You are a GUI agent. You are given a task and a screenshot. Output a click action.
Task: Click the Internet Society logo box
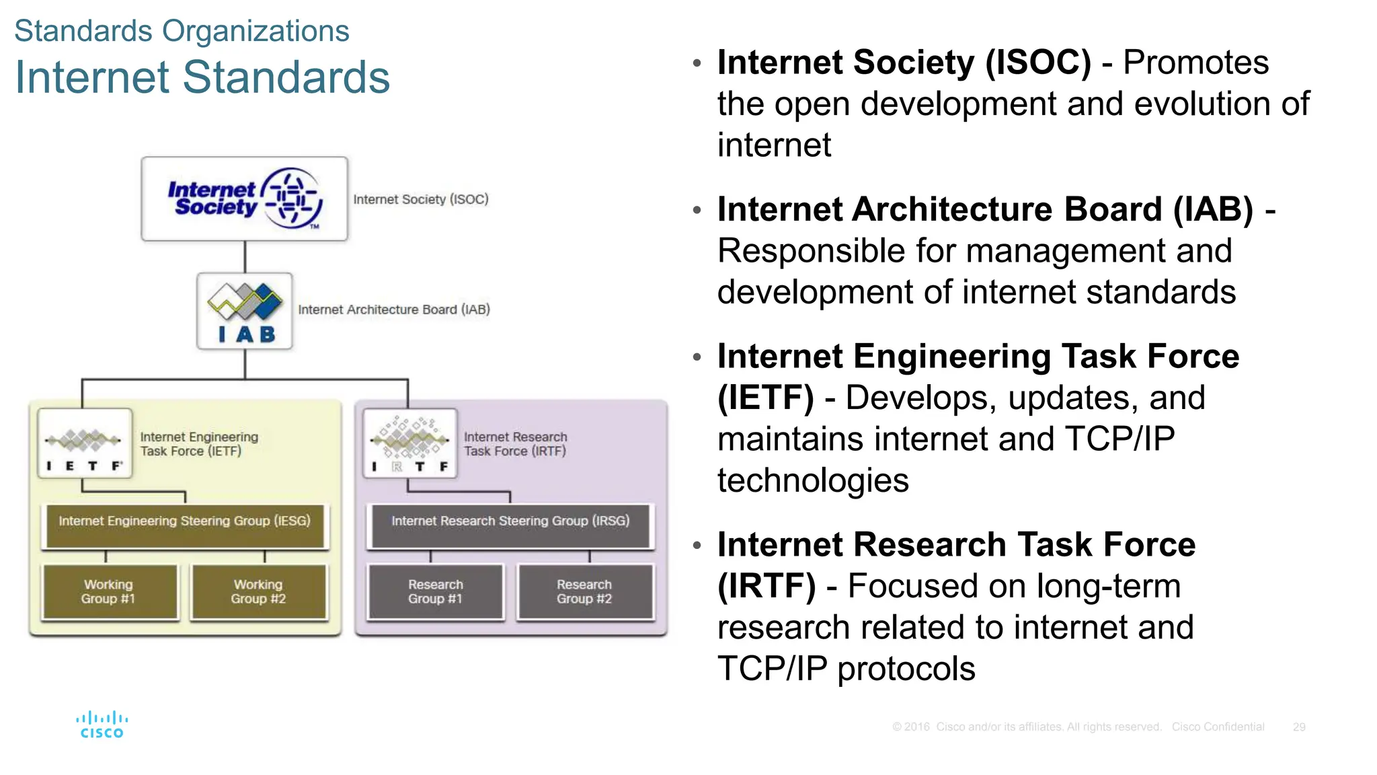(x=244, y=199)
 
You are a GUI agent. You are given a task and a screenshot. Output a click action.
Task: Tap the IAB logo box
(x=245, y=311)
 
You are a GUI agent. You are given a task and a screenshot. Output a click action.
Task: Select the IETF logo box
(x=85, y=443)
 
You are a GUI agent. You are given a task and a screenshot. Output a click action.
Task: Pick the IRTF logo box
(x=410, y=443)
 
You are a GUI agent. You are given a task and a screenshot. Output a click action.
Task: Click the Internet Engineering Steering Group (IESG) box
(x=185, y=526)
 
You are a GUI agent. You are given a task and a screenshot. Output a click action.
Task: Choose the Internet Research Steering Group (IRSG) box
(x=510, y=526)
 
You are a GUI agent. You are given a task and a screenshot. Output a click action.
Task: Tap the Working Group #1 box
(x=110, y=591)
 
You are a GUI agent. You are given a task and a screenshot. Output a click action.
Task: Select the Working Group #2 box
(x=259, y=591)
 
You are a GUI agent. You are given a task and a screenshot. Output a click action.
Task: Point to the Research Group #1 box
(x=435, y=591)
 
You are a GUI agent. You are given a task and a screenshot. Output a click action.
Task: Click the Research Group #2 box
(x=585, y=591)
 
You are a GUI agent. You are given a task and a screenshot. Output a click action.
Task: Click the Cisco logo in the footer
(x=102, y=725)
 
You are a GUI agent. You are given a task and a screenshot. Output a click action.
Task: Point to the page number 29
(x=1299, y=727)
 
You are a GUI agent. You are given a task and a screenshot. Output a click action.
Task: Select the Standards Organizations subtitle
(x=182, y=31)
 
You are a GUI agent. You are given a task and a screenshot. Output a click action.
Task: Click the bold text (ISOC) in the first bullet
(x=1038, y=63)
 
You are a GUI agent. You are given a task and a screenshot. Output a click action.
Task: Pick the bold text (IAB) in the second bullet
(x=1213, y=209)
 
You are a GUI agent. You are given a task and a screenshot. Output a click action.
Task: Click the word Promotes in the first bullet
(x=1195, y=63)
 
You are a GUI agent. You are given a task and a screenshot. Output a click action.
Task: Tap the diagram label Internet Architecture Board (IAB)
(x=394, y=309)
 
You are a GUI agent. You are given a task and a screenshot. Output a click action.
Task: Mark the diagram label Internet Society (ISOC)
(x=421, y=199)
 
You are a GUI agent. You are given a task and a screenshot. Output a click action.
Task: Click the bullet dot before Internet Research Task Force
(x=697, y=544)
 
